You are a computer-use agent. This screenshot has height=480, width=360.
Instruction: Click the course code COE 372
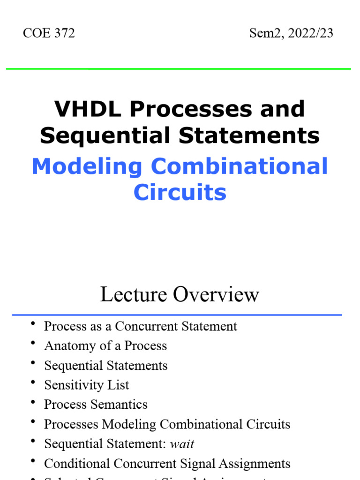tap(49, 33)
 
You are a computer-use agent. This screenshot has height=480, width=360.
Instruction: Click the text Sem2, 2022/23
tap(291, 33)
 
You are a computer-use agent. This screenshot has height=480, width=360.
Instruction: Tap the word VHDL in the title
tap(89, 109)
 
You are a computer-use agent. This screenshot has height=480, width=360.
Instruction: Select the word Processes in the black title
tap(193, 109)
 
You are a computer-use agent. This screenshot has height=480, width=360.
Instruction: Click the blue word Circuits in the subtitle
tap(180, 193)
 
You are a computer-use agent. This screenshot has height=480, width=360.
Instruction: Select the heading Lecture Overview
tap(180, 294)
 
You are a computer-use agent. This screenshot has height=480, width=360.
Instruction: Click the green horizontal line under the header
tap(178, 69)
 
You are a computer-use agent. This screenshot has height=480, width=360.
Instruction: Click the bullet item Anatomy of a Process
tap(105, 346)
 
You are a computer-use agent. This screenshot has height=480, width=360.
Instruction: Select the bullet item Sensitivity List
tap(86, 385)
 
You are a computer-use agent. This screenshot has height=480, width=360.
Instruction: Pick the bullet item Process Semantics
tap(96, 405)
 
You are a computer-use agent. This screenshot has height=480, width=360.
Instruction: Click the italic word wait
tap(183, 444)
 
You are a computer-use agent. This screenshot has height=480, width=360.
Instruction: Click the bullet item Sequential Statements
tap(105, 366)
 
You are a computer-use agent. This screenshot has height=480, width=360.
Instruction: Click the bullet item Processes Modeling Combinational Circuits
tap(167, 424)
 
